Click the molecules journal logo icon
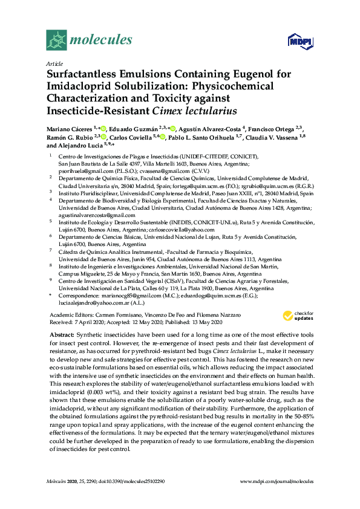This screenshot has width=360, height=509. coord(57,40)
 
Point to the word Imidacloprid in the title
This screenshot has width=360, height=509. coord(80,87)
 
